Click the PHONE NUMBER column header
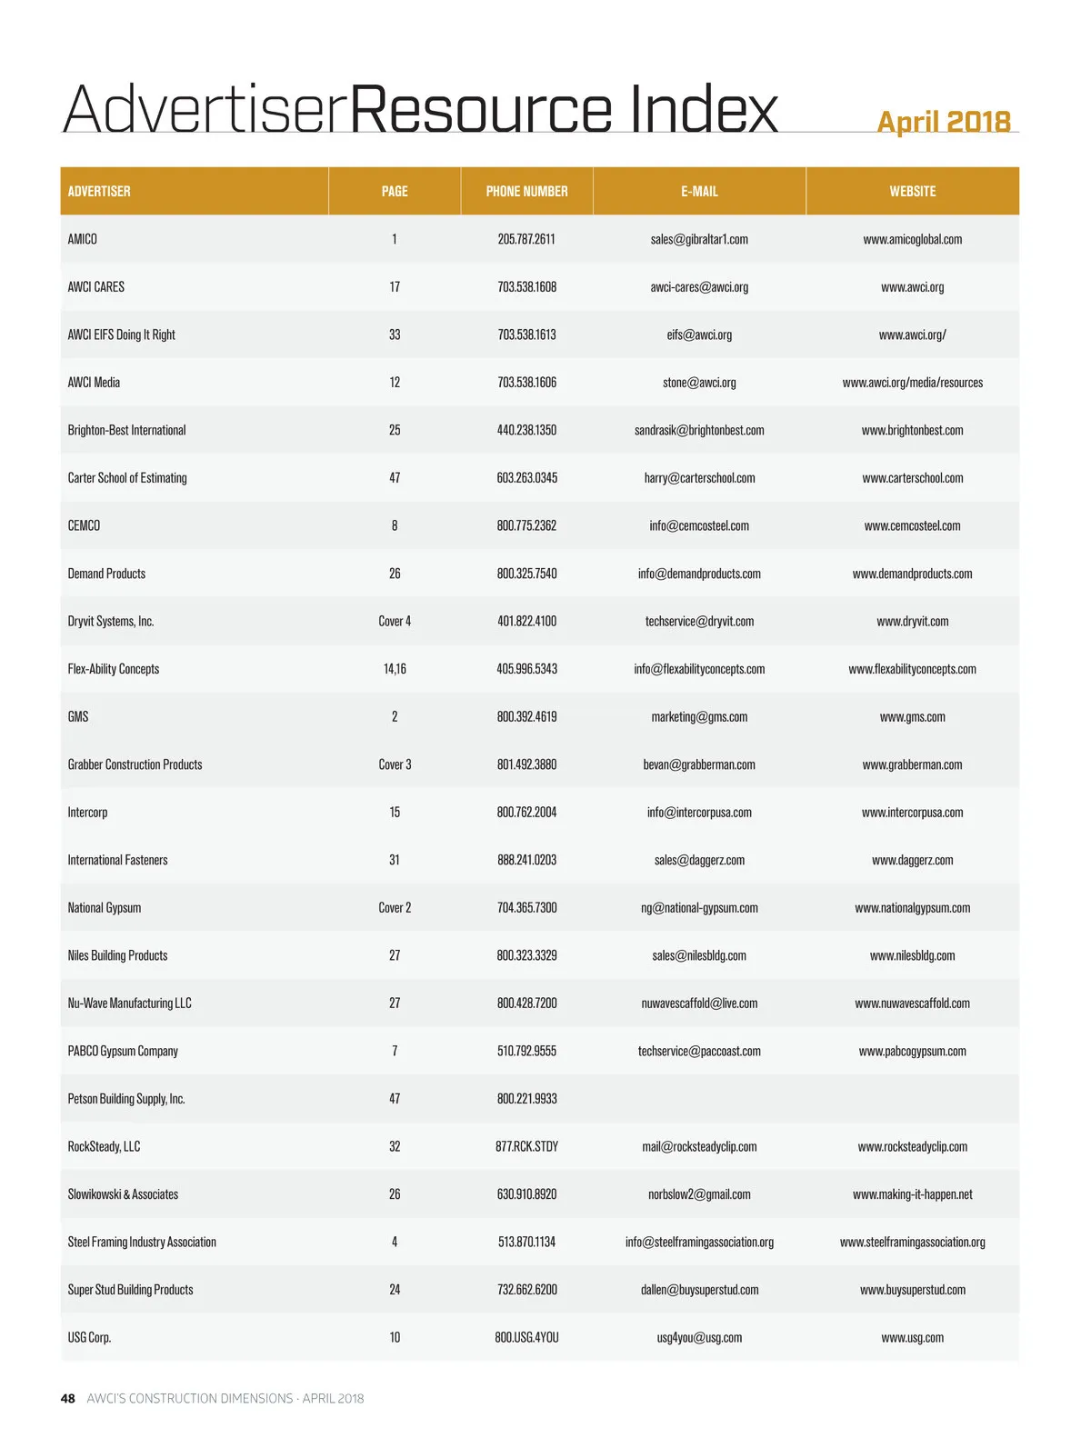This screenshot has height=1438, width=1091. coord(526,191)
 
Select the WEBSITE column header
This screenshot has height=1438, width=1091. coord(912,191)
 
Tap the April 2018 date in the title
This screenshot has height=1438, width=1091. coord(943,122)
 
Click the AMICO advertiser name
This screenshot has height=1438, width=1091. coord(83,239)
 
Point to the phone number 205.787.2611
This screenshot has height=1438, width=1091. coord(526,239)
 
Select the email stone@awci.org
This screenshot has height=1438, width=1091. coord(699,383)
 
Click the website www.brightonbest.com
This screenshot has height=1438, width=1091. coord(912,430)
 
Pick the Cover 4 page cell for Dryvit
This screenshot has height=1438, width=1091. coord(395,622)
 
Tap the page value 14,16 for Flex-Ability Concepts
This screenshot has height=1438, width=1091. coord(395,669)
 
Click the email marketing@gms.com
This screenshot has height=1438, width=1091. coord(699,717)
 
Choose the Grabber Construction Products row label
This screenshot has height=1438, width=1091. coord(135,764)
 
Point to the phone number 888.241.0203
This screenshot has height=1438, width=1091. coord(526,860)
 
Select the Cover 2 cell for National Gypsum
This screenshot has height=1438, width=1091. coord(395,908)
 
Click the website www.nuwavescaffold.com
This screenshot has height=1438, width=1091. coord(912,1004)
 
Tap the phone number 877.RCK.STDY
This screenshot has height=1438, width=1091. coord(526,1146)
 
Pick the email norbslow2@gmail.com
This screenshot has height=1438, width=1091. coord(699,1194)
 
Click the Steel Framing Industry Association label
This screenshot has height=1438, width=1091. coord(142,1242)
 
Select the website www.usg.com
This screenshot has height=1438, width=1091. coord(912,1338)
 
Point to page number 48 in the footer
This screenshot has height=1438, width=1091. coord(68,1398)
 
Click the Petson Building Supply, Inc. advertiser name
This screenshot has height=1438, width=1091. coord(126,1099)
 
